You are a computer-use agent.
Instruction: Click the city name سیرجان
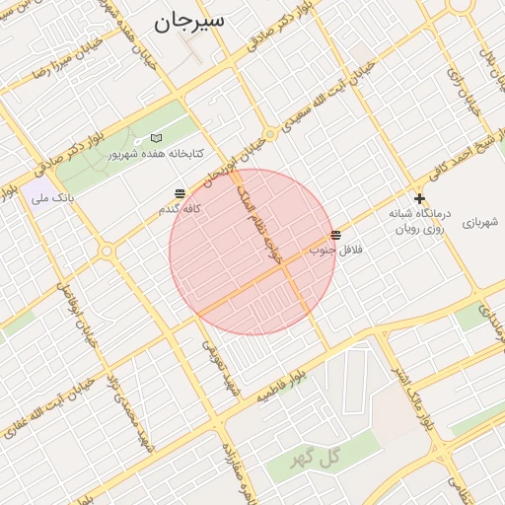coord(189,21)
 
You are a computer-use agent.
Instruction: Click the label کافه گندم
coord(180,209)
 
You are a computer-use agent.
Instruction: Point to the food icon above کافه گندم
coord(180,193)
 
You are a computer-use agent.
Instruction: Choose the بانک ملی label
coord(53,198)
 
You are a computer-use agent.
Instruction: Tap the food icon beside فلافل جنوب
coord(337,235)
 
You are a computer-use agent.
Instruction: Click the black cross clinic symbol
coord(419,199)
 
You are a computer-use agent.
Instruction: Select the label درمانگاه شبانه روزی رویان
coord(418,221)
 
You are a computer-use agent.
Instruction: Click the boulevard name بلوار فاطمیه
coord(293,383)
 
